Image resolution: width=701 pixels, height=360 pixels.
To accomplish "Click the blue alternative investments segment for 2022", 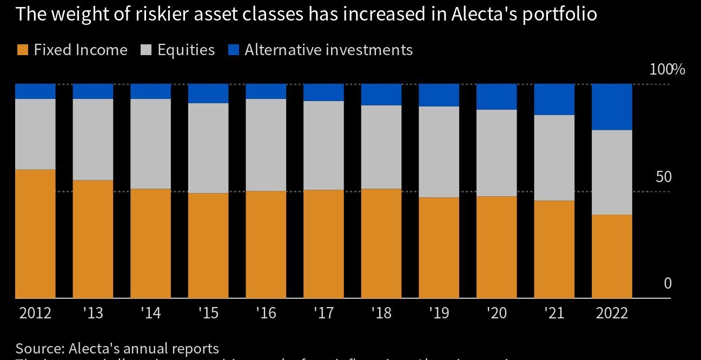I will [612, 107].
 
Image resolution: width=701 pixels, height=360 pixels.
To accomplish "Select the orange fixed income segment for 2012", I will [35, 234].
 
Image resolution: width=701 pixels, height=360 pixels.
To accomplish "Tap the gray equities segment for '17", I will [323, 145].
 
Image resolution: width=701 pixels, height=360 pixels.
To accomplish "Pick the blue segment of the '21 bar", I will [554, 99].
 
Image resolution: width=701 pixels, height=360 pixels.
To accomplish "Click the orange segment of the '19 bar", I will [439, 248].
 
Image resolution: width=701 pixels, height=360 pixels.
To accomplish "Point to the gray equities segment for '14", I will [150, 144].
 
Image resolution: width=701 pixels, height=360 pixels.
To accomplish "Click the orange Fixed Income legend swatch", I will [23, 50].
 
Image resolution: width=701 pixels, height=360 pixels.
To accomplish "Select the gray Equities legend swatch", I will [146, 50].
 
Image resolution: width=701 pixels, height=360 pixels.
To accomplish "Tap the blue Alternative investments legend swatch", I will [234, 50].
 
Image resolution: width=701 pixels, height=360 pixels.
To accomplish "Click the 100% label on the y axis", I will [667, 70].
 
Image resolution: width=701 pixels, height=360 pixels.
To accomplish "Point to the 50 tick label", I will [663, 177].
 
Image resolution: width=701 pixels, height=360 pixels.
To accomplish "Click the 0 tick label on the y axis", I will [667, 283].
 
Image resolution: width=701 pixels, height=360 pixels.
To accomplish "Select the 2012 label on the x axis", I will [35, 313].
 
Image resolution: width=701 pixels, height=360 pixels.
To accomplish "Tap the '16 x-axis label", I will [266, 313].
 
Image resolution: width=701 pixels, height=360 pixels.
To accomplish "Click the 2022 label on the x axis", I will [612, 313].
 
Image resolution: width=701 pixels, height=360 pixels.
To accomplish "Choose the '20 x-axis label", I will [496, 313].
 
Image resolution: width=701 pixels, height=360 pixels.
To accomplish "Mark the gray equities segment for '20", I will [497, 153].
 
